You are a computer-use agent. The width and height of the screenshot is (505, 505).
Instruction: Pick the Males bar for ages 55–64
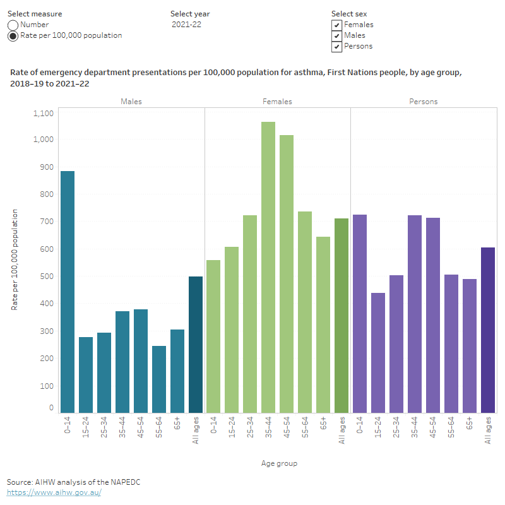click(x=159, y=379)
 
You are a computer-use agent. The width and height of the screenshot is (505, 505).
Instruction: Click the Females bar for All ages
click(x=342, y=316)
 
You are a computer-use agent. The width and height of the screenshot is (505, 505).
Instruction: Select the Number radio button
click(x=13, y=25)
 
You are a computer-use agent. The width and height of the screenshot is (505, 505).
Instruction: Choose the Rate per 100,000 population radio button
click(x=13, y=36)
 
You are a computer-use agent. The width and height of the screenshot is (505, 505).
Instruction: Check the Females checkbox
click(x=337, y=25)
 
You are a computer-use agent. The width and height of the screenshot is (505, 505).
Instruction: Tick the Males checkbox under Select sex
click(x=337, y=35)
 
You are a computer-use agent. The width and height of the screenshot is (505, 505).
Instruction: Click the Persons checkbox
click(x=337, y=46)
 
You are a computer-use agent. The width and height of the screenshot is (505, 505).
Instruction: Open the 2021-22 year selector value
click(x=187, y=25)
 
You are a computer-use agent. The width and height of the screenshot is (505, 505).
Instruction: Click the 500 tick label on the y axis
click(x=47, y=276)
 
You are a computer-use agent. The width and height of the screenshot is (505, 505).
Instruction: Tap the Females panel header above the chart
click(x=277, y=101)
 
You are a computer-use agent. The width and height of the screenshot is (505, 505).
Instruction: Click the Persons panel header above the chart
click(x=423, y=101)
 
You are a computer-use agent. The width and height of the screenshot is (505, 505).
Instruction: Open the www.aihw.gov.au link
click(x=54, y=492)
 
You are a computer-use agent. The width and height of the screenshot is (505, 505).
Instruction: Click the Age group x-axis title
click(x=279, y=463)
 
